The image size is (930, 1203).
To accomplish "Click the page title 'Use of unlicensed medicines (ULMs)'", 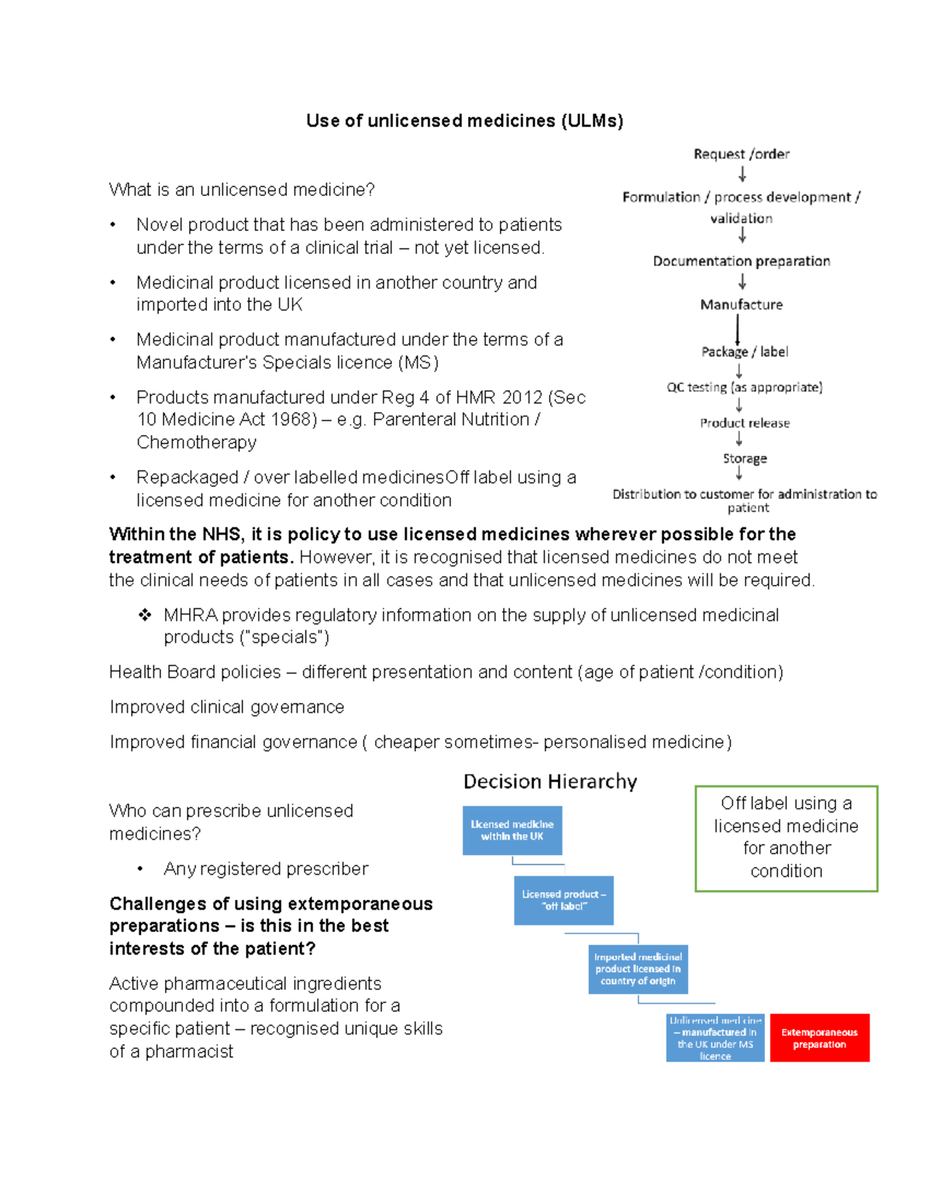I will pyautogui.click(x=464, y=121).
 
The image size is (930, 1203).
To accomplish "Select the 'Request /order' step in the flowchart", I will pyautogui.click(x=742, y=154).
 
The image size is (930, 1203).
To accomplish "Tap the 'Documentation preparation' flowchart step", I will pyautogui.click(x=742, y=261).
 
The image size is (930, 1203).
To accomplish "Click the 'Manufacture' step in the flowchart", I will pyautogui.click(x=742, y=304).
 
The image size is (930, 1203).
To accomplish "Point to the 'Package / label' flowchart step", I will pyautogui.click(x=745, y=352).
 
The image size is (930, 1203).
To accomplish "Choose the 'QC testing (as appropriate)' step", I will pyautogui.click(x=745, y=387).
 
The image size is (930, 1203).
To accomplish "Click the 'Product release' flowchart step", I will pyautogui.click(x=745, y=423).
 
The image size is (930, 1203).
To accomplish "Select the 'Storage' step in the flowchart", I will pyautogui.click(x=745, y=459).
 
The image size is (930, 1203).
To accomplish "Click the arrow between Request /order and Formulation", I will pyautogui.click(x=742, y=174).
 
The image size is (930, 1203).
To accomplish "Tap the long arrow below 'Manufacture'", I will pyautogui.click(x=737, y=328).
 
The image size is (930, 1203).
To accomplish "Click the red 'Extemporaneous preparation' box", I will pyautogui.click(x=819, y=1038).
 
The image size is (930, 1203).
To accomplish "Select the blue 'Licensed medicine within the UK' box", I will pyautogui.click(x=512, y=830).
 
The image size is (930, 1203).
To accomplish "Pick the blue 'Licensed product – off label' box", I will pyautogui.click(x=563, y=900).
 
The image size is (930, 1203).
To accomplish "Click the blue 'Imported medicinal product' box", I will pyautogui.click(x=638, y=969).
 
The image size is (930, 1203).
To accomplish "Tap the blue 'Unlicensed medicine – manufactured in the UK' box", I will pyautogui.click(x=715, y=1038).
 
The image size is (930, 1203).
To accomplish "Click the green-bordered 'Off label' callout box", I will pyautogui.click(x=786, y=838).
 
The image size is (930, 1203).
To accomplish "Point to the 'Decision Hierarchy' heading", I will pyautogui.click(x=550, y=782).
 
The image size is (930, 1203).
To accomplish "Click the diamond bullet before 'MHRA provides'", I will pyautogui.click(x=145, y=615).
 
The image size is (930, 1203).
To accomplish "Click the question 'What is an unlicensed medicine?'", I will pyautogui.click(x=242, y=190).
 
